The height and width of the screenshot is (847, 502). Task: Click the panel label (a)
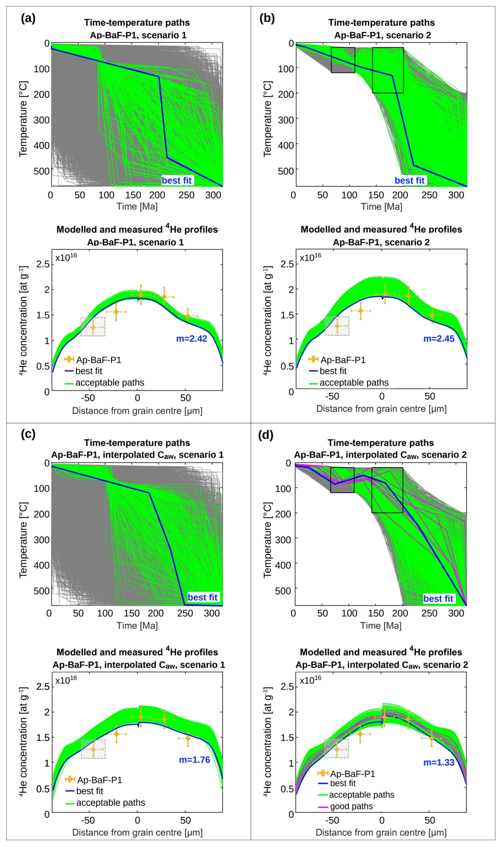[x=28, y=18]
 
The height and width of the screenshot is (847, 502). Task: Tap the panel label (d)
[x=266, y=435]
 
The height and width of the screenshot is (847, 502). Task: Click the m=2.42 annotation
[x=192, y=339]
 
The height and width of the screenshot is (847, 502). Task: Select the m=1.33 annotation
[x=439, y=762]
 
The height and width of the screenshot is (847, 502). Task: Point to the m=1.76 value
[x=194, y=760]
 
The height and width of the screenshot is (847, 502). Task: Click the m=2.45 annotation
[x=439, y=339]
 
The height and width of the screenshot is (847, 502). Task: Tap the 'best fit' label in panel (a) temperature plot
[x=177, y=180]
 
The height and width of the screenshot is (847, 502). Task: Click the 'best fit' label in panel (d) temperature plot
[x=438, y=599]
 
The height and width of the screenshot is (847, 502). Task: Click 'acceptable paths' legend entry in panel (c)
[x=110, y=803]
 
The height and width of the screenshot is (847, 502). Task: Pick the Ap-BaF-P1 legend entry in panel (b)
[x=343, y=360]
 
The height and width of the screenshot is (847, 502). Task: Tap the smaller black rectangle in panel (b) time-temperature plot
[x=343, y=60]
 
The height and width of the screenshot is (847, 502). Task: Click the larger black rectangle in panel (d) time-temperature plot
[x=387, y=490]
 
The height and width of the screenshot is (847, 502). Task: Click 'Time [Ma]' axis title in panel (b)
[x=381, y=207]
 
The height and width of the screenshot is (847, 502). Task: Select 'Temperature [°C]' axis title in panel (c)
[x=23, y=540]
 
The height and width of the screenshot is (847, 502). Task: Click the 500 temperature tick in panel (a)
[x=42, y=171]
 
